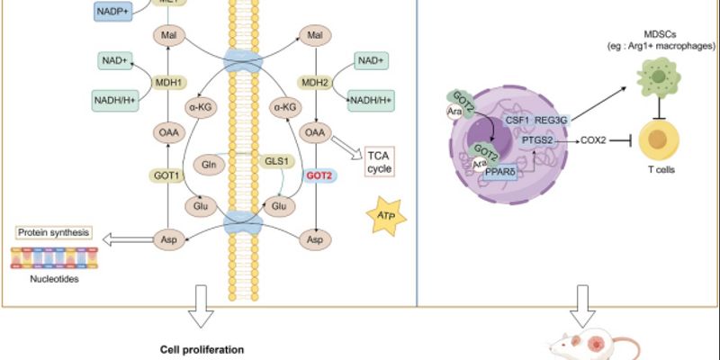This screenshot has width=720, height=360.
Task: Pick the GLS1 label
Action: [274, 160]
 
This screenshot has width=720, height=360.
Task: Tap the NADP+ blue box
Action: [115, 11]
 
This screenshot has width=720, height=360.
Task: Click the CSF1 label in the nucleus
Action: [518, 116]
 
